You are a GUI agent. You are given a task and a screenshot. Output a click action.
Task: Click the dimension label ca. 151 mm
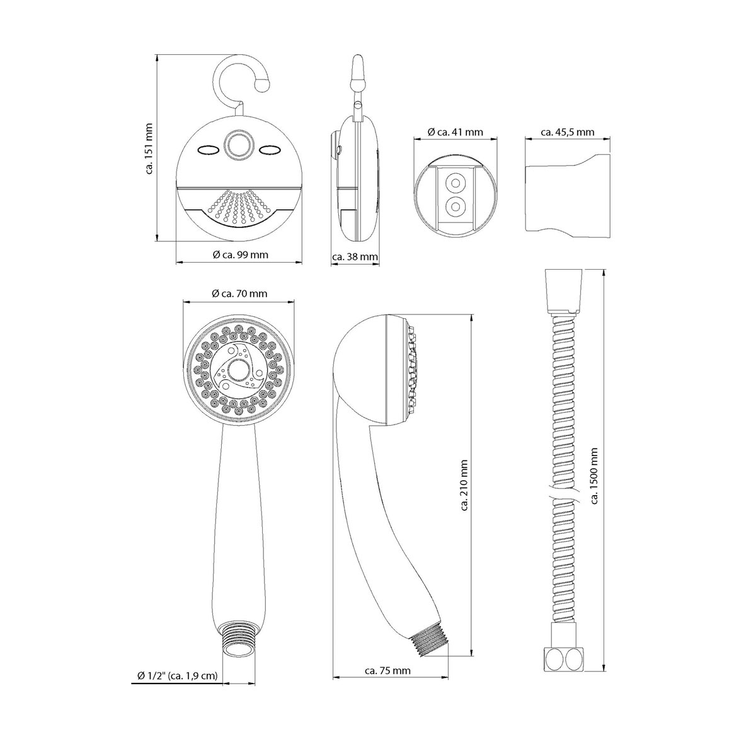(149, 149)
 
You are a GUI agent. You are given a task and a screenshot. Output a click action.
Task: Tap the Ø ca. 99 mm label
(240, 255)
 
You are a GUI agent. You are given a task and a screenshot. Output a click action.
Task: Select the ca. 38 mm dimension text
(355, 257)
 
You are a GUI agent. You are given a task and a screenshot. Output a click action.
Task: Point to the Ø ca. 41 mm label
(455, 132)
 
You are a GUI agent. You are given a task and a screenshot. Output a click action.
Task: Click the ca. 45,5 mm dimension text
(567, 132)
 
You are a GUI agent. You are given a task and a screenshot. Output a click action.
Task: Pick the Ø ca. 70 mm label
(239, 294)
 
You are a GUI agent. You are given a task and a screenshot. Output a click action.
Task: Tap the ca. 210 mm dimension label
(464, 485)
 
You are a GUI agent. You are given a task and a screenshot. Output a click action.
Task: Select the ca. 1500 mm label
(594, 476)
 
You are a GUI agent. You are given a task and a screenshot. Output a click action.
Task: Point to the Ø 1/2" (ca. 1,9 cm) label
(177, 675)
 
